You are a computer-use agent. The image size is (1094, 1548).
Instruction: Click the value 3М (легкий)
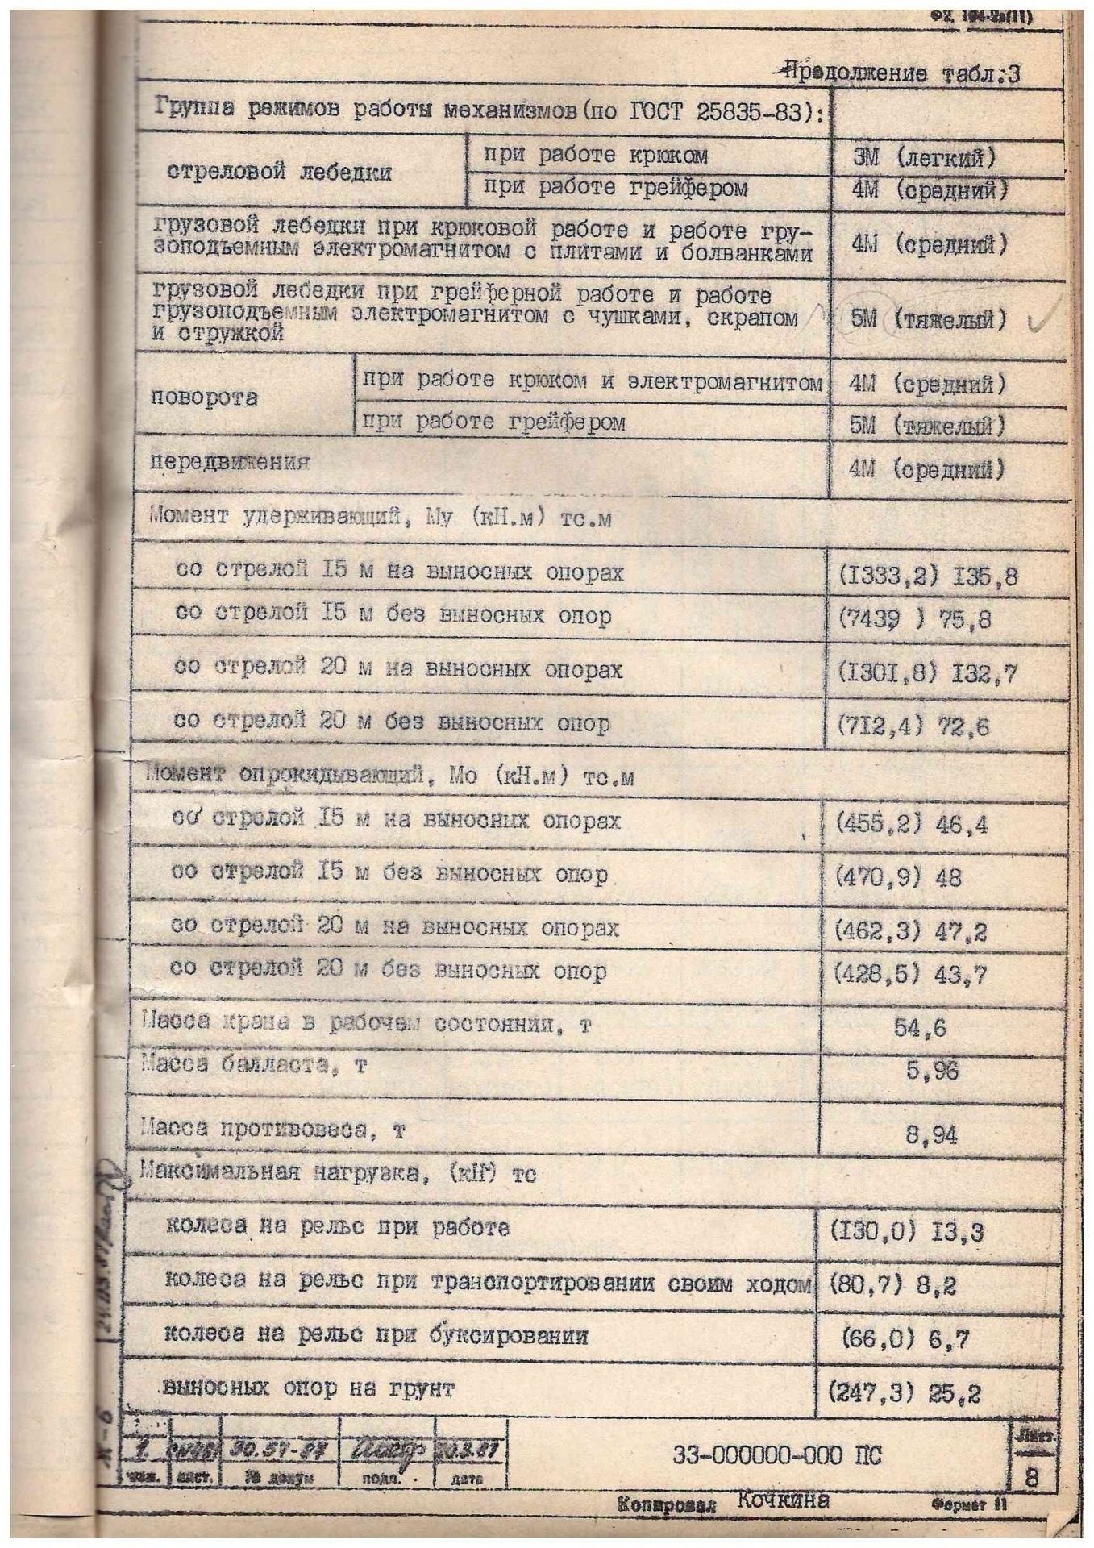924,156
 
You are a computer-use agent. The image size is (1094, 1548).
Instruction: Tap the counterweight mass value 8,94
931,1136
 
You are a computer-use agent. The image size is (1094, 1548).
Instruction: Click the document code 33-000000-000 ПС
776,1455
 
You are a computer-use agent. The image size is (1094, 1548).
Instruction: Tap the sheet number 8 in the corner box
1031,1479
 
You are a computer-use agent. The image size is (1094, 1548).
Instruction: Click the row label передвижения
230,463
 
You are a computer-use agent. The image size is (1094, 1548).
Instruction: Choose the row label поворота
204,398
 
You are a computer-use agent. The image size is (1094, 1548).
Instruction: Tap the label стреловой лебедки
279,173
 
